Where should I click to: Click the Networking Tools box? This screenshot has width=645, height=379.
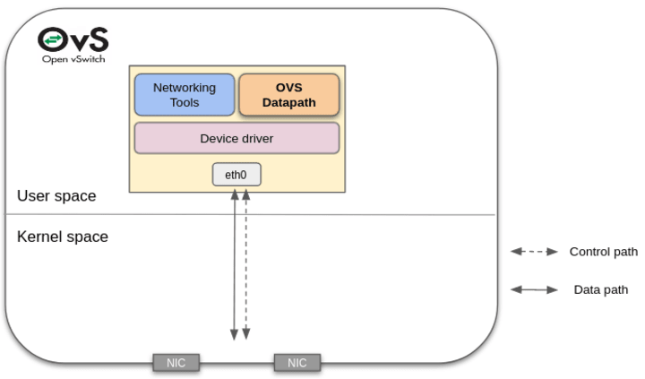click(185, 95)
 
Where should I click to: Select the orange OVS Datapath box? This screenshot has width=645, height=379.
click(288, 95)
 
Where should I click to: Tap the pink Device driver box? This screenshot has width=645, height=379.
click(236, 139)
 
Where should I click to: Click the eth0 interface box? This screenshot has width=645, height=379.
click(236, 175)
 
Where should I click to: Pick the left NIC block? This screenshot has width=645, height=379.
click(176, 363)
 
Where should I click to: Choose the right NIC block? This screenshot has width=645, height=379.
click(297, 363)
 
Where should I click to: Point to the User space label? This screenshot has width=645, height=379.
click(56, 196)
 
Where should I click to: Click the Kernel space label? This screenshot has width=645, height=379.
click(63, 237)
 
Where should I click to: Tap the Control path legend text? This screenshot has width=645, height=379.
click(603, 252)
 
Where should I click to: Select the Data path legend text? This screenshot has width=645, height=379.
click(600, 289)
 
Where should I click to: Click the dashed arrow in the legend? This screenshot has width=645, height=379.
click(534, 252)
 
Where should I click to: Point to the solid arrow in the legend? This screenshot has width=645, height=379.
click(534, 289)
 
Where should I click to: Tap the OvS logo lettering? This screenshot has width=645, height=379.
click(73, 39)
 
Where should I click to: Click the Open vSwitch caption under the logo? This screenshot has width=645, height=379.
click(73, 59)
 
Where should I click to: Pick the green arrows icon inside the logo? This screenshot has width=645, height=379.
click(52, 40)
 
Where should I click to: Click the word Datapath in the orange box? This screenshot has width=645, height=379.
click(288, 102)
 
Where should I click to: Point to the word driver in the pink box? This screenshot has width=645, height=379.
click(256, 139)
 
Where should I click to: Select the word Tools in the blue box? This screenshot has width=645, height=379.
click(185, 102)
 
